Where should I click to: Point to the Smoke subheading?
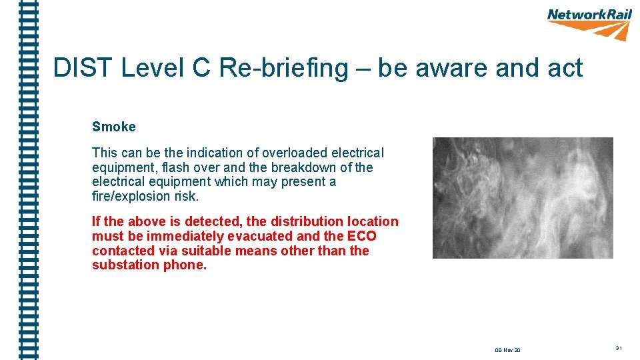click(x=114, y=127)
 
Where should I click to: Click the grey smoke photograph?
click(x=523, y=198)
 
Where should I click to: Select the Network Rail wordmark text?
click(x=589, y=15)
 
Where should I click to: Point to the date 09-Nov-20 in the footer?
click(x=507, y=349)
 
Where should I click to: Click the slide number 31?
click(x=619, y=348)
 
